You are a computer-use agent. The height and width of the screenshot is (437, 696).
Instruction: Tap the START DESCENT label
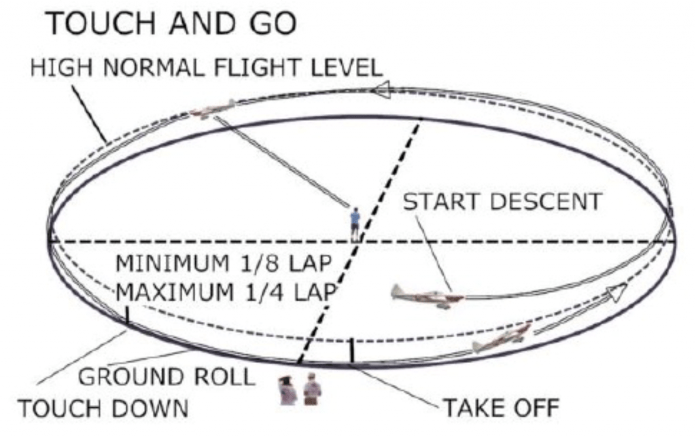click(502, 202)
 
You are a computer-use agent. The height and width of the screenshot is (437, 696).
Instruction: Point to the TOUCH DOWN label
click(102, 409)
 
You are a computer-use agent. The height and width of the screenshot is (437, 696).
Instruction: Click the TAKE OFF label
click(501, 409)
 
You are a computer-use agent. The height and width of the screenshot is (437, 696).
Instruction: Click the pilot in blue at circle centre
click(355, 222)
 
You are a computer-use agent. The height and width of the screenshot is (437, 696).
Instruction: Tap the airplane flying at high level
click(212, 111)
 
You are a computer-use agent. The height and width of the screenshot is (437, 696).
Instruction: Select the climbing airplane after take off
click(502, 338)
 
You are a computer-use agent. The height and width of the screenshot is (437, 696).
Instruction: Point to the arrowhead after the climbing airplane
click(614, 294)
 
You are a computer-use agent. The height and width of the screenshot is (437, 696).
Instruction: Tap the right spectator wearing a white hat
click(312, 388)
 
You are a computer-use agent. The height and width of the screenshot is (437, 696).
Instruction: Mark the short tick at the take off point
click(351, 351)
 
